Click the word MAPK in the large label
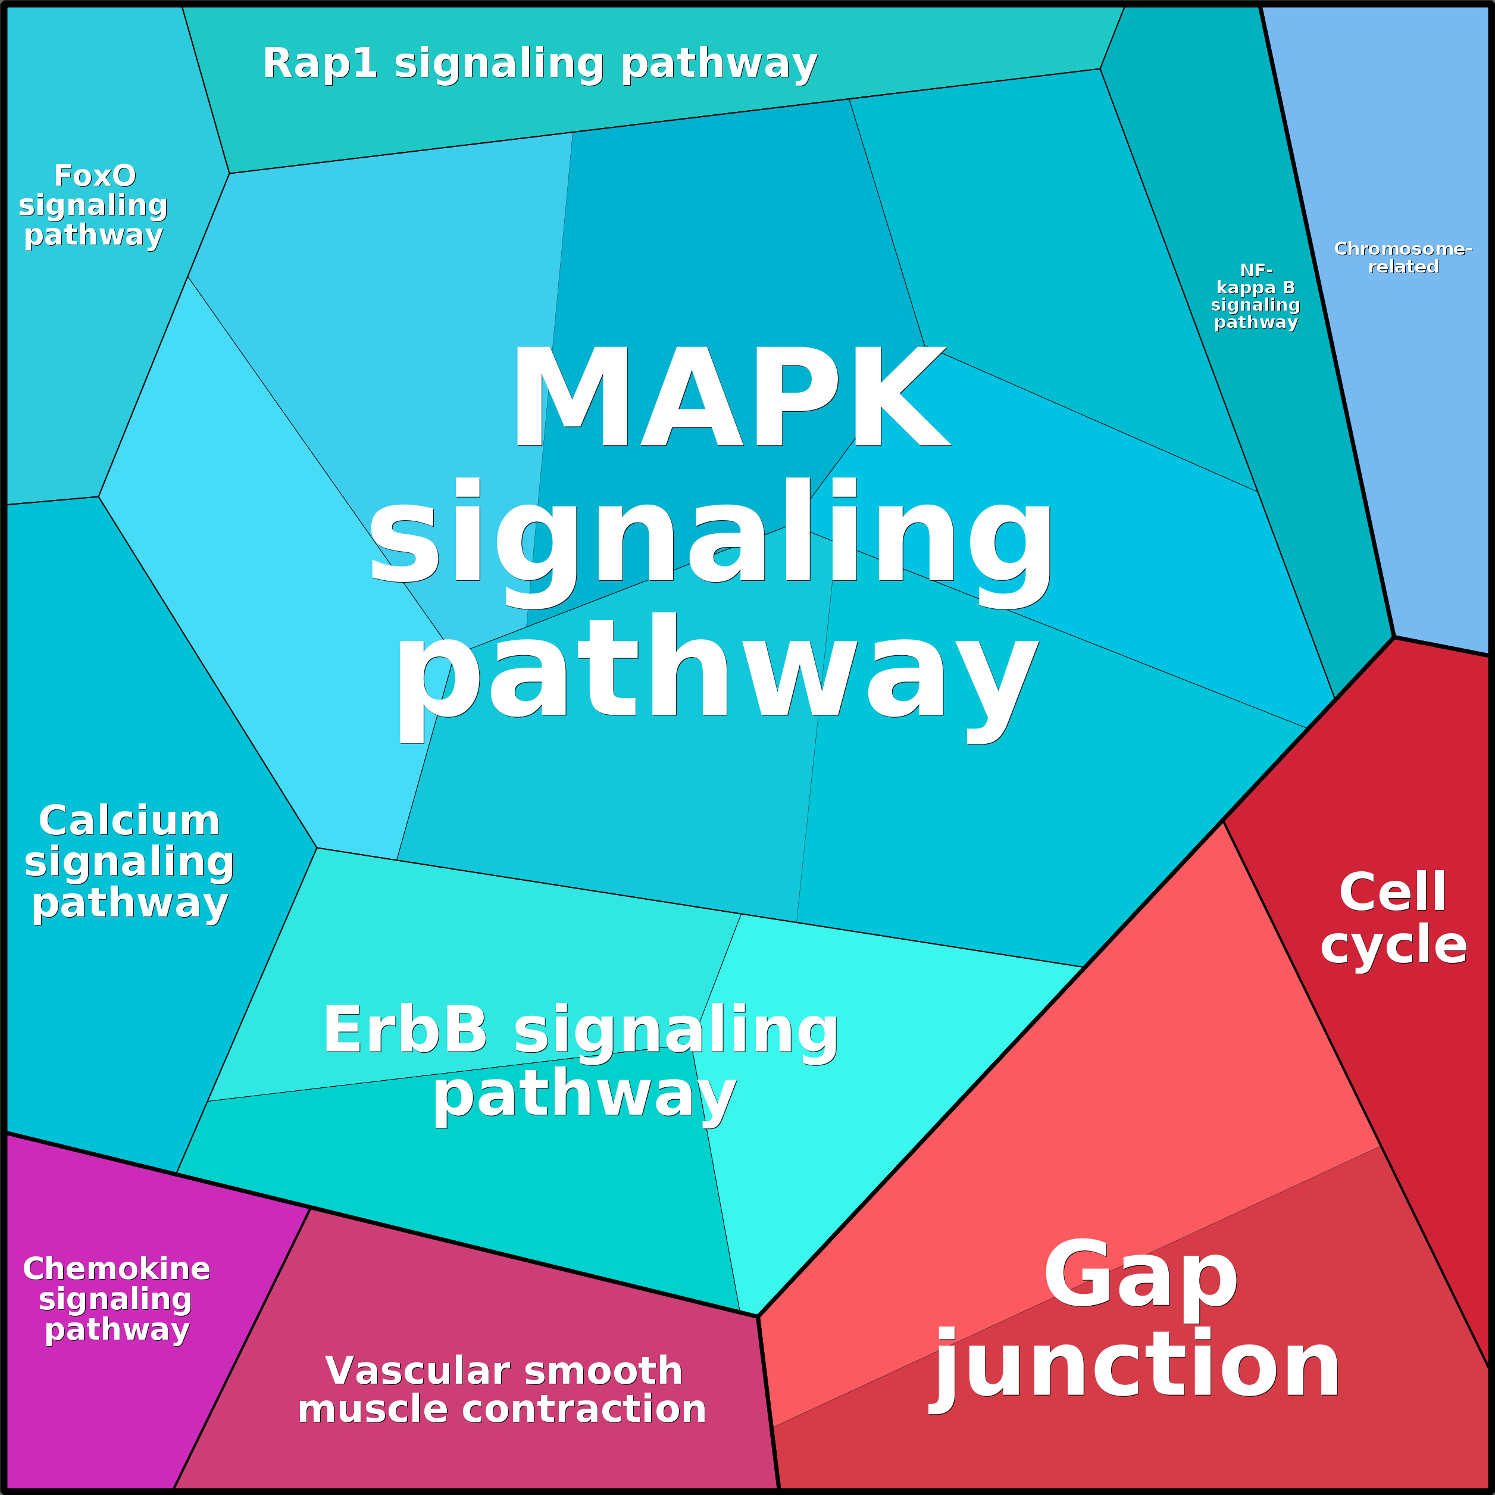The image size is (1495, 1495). (730, 396)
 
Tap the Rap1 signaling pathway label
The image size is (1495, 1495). (539, 64)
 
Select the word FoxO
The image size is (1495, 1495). (95, 176)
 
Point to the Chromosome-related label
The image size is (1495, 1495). (1402, 258)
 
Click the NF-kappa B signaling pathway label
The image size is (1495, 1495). (1255, 296)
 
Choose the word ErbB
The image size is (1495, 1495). (405, 1030)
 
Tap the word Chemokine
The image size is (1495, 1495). (116, 1269)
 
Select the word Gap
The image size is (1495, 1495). (1141, 1274)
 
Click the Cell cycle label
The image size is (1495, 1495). (1393, 918)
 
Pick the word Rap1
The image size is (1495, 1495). (320, 64)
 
